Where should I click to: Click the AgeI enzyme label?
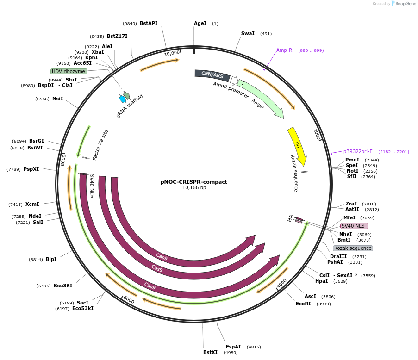pos(200,23)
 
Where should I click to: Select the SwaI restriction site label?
pos(248,33)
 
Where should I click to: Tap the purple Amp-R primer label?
pos(284,50)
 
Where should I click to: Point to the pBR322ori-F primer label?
pos(358,151)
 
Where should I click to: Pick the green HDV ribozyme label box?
pos(69,71)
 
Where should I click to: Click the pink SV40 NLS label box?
pos(354,226)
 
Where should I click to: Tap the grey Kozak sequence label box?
pos(353,248)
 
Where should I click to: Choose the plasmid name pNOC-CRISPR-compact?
pos(194,182)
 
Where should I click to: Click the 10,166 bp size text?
pos(194,188)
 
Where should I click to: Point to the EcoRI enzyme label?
pos(304,304)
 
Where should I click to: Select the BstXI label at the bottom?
pos(210,352)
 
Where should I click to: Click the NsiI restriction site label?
pos(57,99)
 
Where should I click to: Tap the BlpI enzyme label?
pos(51,259)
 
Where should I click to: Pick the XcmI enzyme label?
pos(32,204)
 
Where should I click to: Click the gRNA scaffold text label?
pos(130,106)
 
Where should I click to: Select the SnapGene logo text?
pos(405,4)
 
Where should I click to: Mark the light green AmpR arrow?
pos(261,99)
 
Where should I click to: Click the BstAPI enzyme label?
pos(149,23)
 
